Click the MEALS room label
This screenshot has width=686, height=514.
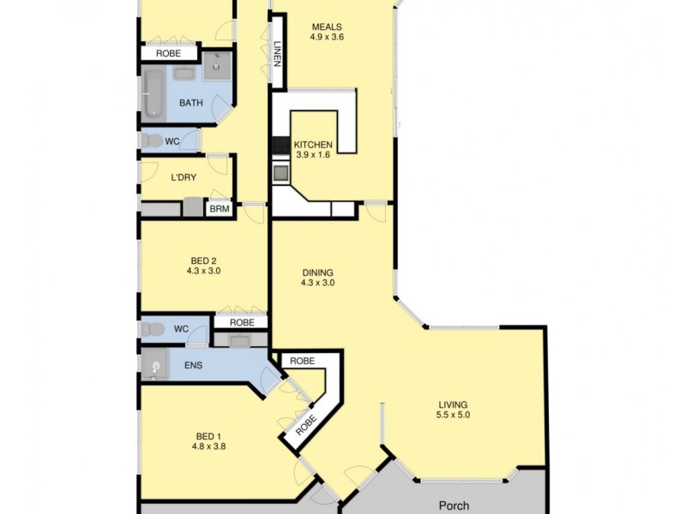327,26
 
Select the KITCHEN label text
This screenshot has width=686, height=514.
313,145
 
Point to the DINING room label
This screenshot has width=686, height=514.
317,271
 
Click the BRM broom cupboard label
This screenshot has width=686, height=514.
219,208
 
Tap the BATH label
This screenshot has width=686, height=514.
190,103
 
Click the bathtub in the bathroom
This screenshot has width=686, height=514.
154,93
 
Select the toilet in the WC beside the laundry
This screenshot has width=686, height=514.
152,140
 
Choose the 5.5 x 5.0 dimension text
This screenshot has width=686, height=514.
453,415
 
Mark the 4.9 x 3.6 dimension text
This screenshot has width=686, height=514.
327,37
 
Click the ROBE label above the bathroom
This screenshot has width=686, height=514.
167,53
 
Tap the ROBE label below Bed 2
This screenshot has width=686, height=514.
242,322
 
